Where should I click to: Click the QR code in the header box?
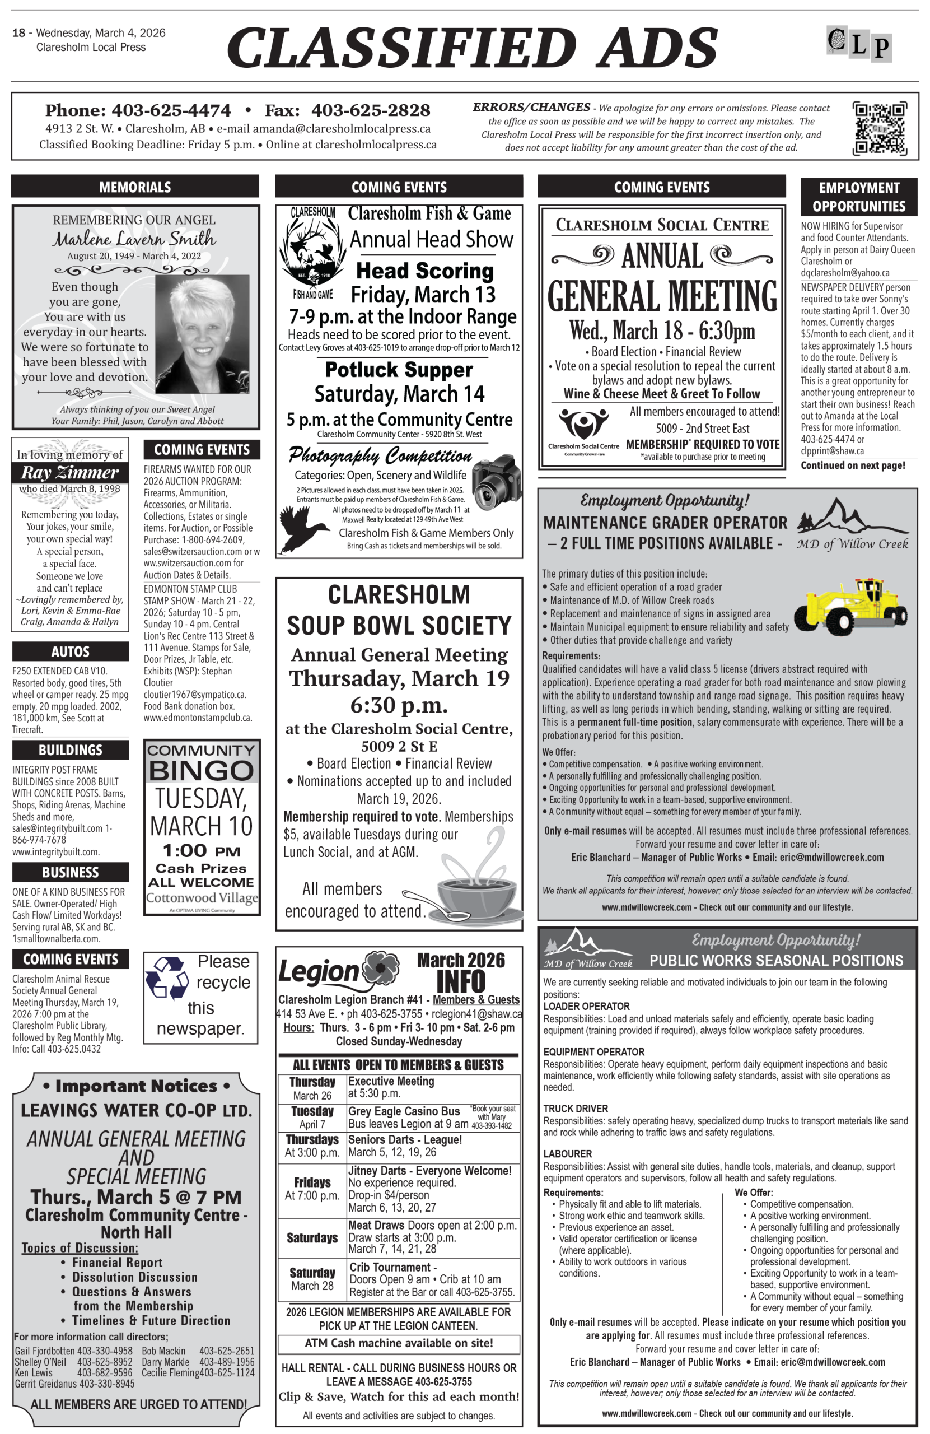point(879,128)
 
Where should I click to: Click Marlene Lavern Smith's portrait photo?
point(202,333)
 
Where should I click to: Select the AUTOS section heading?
point(71,651)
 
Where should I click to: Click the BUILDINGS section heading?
point(71,749)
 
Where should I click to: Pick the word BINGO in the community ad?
point(201,770)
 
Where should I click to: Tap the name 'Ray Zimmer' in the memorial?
point(70,472)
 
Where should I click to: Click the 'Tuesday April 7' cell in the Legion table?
point(312,1117)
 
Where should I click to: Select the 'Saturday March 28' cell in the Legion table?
point(312,1278)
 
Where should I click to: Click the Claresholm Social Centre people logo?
point(583,425)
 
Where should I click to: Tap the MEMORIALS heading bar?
point(135,187)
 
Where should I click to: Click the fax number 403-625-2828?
point(371,110)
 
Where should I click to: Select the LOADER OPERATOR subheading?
point(586,1006)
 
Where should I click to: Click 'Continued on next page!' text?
point(852,465)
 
